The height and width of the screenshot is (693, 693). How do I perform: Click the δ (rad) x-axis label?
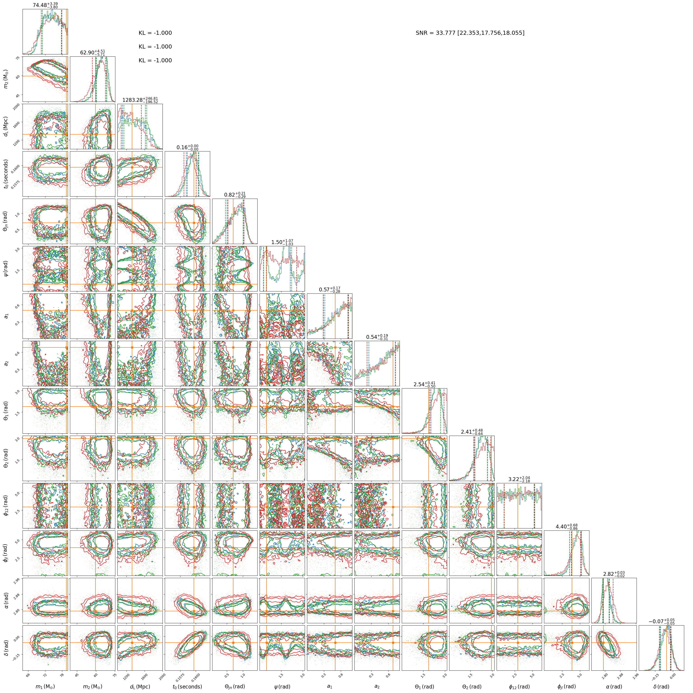pyautogui.click(x=661, y=686)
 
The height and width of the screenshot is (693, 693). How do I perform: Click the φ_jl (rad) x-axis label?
pyautogui.click(x=567, y=686)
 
